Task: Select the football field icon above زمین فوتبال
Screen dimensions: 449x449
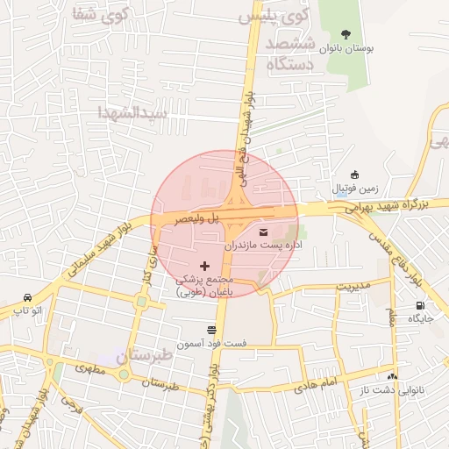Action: [x=353, y=175]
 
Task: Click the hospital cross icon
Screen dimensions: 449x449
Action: [x=205, y=265]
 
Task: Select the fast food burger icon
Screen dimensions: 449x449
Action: [x=211, y=330]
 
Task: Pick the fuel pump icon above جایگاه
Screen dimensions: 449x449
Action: [x=420, y=306]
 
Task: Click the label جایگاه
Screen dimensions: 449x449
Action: [x=420, y=319]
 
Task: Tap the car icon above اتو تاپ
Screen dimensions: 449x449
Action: [x=28, y=297]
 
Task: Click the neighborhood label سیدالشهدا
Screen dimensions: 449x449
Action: [x=132, y=113]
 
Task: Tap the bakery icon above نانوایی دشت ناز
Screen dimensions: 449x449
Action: [x=392, y=375]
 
